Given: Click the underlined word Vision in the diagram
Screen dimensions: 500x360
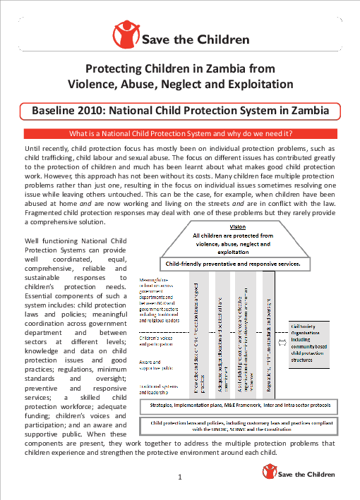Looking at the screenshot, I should point(238,226).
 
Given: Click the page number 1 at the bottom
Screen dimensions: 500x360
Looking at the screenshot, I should point(180,477).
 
